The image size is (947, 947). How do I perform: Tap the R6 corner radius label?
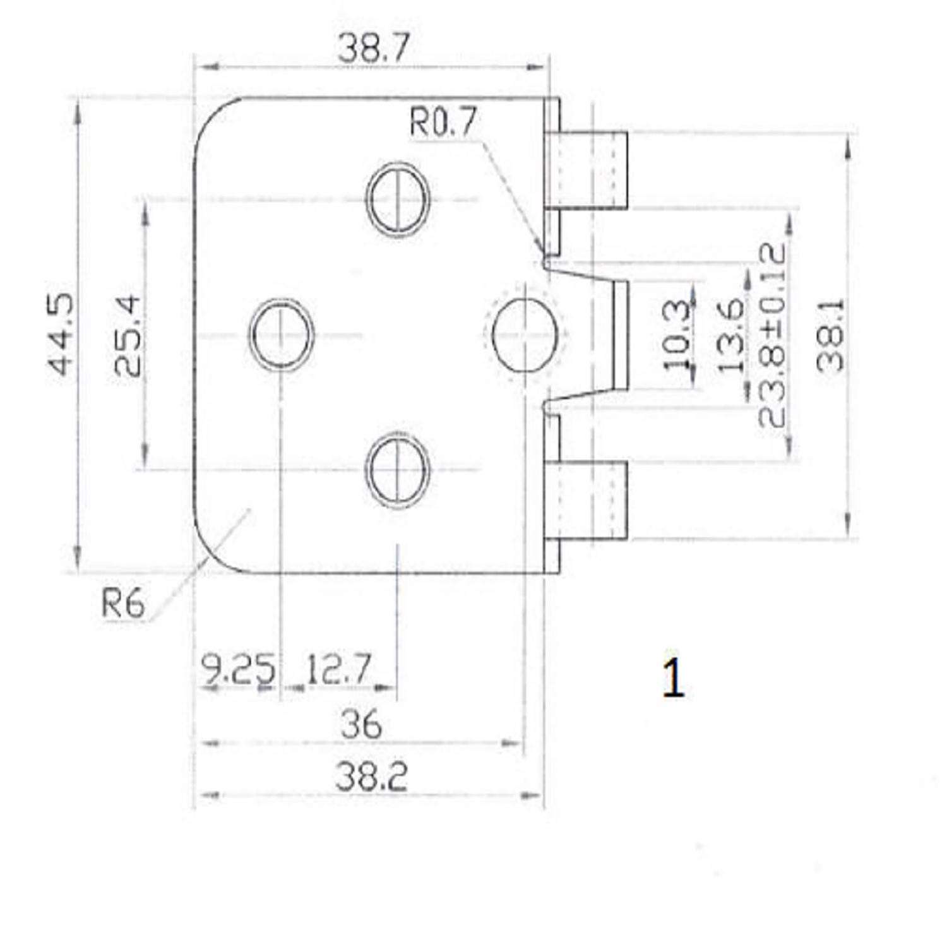click(123, 604)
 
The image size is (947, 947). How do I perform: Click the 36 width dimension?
click(361, 724)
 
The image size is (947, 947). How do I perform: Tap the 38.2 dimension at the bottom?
click(371, 778)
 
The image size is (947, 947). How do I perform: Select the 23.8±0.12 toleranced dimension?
click(771, 335)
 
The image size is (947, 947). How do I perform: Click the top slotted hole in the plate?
click(399, 199)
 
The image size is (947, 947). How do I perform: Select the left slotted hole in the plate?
click(282, 334)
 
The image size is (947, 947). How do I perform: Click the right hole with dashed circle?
click(524, 334)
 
